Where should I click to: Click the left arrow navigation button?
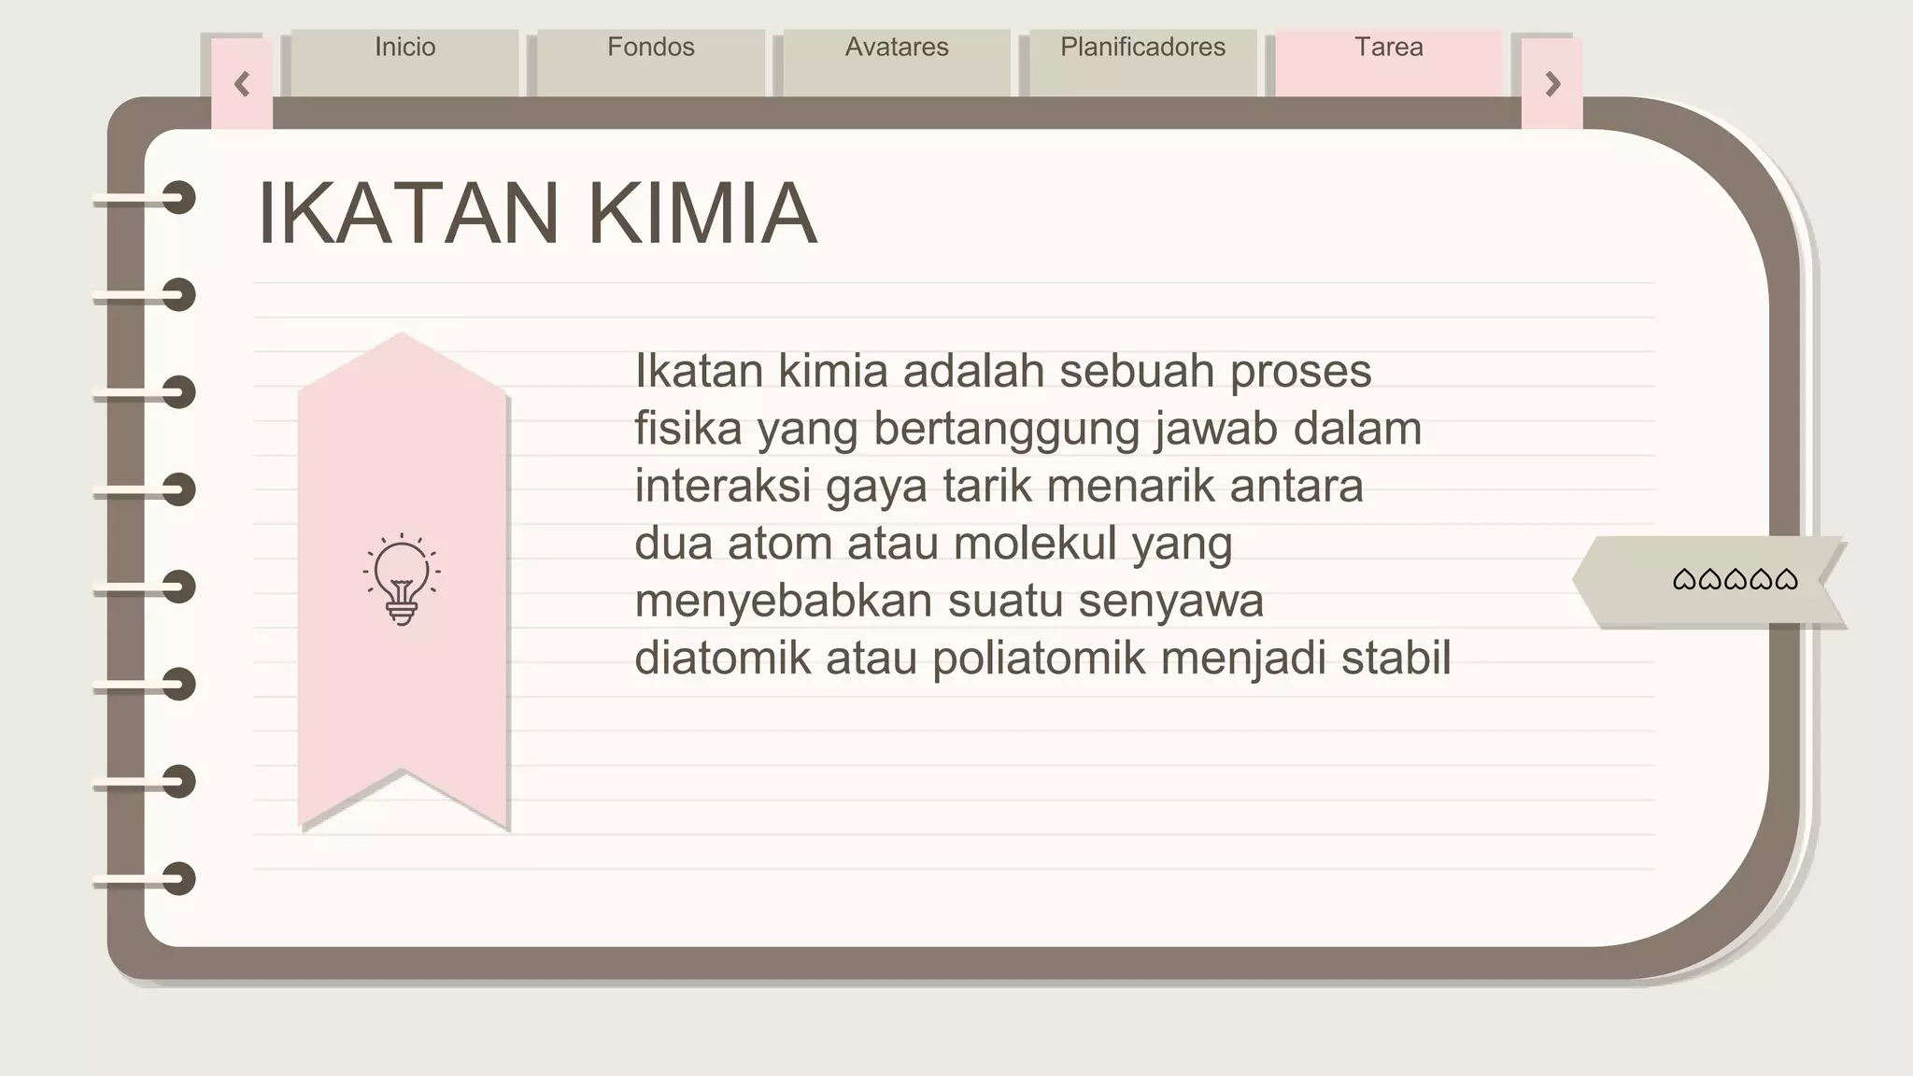click(x=242, y=85)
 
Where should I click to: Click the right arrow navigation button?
click(x=1552, y=85)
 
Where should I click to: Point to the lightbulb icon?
click(x=402, y=579)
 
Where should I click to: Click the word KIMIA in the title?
click(x=702, y=214)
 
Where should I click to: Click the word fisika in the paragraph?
click(x=688, y=429)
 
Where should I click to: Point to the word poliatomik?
click(x=1039, y=658)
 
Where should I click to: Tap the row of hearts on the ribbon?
click(x=1735, y=580)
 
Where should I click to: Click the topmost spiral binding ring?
click(x=177, y=198)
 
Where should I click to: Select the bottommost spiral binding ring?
click(x=177, y=879)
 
